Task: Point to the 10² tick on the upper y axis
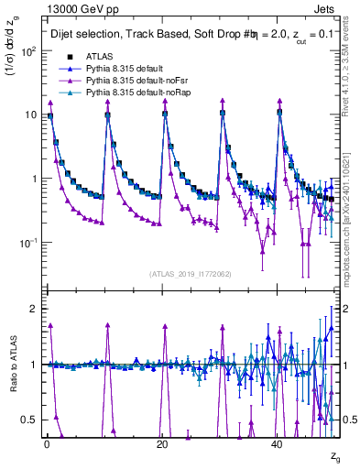point(27,51)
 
